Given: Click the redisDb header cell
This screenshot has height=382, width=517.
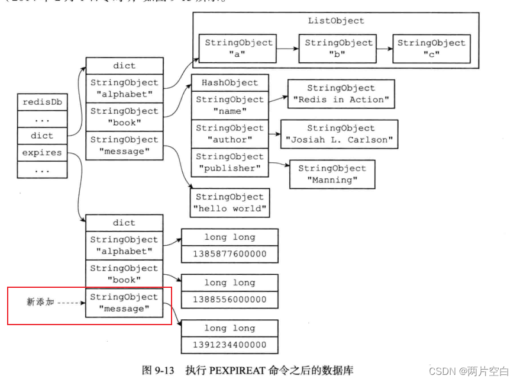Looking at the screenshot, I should [x=42, y=102].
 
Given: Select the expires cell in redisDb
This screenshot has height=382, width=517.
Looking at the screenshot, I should [x=42, y=153].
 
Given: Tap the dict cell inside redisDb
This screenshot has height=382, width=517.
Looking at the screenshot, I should [x=42, y=136].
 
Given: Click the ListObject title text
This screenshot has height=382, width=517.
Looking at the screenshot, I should [x=336, y=21].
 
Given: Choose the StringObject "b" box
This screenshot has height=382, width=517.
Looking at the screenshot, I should [x=339, y=49].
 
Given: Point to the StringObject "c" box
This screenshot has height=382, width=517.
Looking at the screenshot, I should [x=431, y=49].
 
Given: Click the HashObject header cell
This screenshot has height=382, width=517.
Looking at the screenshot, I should [x=230, y=83].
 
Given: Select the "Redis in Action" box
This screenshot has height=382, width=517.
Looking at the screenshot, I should [x=341, y=94].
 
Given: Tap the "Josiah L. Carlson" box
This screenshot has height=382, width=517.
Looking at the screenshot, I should [x=339, y=134].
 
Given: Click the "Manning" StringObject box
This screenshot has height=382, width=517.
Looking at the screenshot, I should [x=332, y=174].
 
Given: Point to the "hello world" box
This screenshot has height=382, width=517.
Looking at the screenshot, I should [x=230, y=203].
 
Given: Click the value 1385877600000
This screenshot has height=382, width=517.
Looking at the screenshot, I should [x=230, y=254].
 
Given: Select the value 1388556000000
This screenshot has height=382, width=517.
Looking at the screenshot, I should [x=230, y=300].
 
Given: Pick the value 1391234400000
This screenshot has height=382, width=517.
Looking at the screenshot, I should [x=230, y=345].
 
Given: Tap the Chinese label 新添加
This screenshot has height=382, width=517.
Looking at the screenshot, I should [x=40, y=302].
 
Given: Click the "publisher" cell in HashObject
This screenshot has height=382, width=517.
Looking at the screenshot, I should [x=230, y=162].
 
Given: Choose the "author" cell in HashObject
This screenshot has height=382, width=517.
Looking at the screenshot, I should [x=230, y=134].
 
